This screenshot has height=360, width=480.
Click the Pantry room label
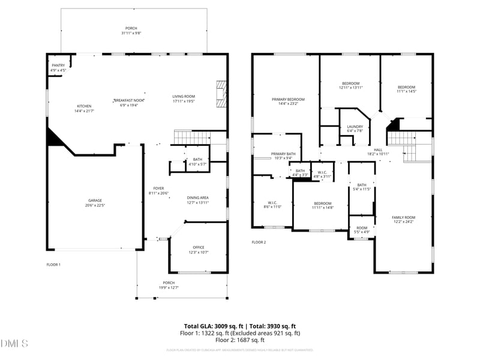[58, 65]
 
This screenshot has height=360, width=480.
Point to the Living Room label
[184, 97]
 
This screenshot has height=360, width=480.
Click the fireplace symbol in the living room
[221, 94]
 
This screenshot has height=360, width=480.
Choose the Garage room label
[94, 200]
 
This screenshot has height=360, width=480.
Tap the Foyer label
[158, 188]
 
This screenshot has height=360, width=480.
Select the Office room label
[199, 247]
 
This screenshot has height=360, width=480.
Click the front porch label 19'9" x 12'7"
[169, 287]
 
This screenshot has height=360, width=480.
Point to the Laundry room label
[355, 127]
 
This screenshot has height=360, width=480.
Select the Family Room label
[403, 217]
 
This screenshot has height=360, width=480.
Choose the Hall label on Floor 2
[378, 150]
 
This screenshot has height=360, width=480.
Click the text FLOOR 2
[259, 242]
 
